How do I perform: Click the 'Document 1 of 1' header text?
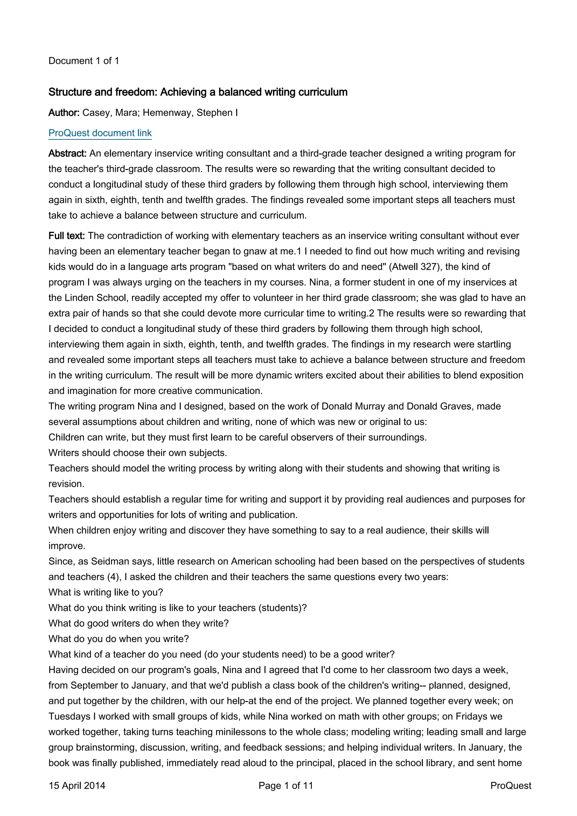84,61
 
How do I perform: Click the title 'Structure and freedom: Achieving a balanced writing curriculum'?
198,92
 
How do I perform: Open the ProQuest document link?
100,133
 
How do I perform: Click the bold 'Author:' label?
64,113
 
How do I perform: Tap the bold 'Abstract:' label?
68,153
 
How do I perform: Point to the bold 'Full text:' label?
66,236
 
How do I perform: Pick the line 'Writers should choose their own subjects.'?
137,453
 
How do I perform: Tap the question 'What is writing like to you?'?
106,592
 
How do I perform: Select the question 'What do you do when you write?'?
118,639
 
